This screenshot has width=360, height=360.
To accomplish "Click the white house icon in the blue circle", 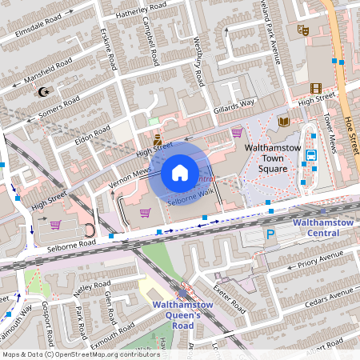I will (180, 172).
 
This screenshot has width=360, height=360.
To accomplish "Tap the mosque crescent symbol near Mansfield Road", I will (43, 91).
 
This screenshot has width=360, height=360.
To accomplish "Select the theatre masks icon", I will (302, 30).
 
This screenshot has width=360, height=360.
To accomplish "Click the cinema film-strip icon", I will (316, 88).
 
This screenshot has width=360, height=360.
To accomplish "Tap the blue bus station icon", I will (311, 157).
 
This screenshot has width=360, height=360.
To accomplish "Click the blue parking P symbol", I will (270, 235).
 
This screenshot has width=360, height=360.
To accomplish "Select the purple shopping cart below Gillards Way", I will (237, 133).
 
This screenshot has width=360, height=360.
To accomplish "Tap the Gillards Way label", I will (234, 105).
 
